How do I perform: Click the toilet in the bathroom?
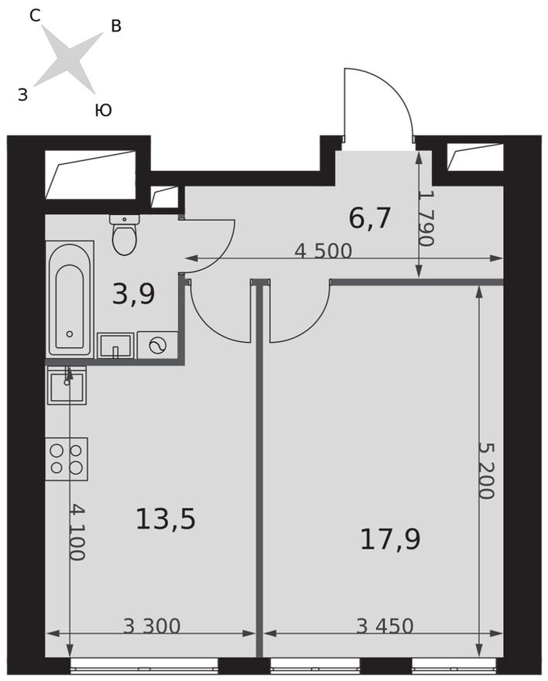(x=125, y=234)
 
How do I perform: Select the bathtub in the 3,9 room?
(x=70, y=299)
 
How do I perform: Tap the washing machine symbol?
(x=158, y=345)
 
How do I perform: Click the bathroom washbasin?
(x=115, y=346)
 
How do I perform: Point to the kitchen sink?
(x=67, y=385)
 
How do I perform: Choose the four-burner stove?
(x=67, y=459)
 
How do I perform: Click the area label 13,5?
(x=166, y=519)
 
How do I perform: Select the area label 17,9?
(x=390, y=540)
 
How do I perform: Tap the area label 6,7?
(x=370, y=218)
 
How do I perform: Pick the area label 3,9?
(x=133, y=294)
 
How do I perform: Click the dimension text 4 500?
(x=323, y=251)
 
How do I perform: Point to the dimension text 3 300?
(x=152, y=626)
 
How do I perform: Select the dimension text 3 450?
(x=385, y=626)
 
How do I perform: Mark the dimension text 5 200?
(x=486, y=471)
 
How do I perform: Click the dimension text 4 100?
(x=77, y=532)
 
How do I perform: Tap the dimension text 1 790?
(x=426, y=218)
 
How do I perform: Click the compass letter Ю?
(x=104, y=111)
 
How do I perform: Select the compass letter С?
(x=35, y=16)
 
